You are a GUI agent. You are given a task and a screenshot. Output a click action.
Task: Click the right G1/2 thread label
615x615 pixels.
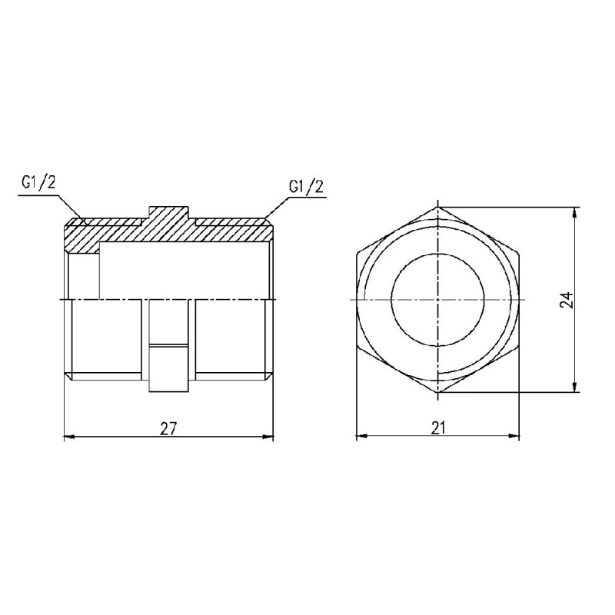[x=304, y=187]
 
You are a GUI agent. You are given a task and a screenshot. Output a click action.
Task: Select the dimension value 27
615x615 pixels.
[x=168, y=428]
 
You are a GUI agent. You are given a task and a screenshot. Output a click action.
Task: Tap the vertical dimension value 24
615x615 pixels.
[x=566, y=300]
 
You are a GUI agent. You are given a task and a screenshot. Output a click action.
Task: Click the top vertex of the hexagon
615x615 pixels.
[x=438, y=207]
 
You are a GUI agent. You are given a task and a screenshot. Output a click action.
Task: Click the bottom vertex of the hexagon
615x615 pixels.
[x=438, y=393]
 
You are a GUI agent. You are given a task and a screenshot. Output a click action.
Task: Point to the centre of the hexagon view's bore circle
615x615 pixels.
[x=438, y=298]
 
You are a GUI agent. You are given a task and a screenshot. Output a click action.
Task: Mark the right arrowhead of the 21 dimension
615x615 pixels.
[x=515, y=437]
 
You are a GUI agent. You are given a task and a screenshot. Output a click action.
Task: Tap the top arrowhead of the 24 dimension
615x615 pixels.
[x=576, y=212]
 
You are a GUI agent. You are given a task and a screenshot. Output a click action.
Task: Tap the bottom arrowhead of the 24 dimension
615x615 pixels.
[x=576, y=387]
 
